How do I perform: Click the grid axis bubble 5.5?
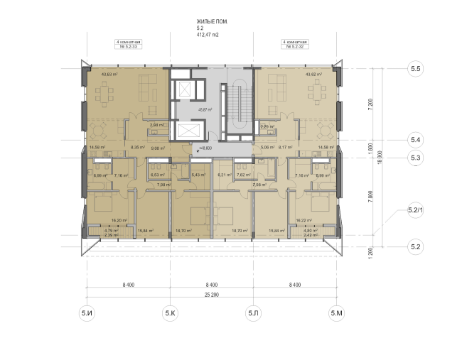[416, 68]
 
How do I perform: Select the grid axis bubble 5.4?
[416, 140]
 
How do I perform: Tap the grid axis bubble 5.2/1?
[416, 211]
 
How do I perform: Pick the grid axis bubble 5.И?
[87, 312]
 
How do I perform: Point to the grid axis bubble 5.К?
[170, 312]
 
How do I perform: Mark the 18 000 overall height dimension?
[381, 157]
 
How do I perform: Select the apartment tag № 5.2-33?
[128, 48]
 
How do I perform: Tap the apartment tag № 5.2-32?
[295, 48]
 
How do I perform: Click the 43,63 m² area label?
[110, 74]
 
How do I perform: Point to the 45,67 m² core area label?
[187, 109]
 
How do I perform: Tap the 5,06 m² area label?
[267, 148]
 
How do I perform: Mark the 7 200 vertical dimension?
[370, 104]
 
